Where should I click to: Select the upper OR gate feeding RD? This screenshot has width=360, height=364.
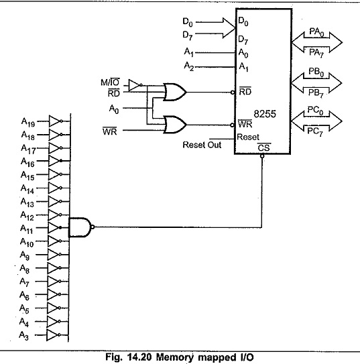(x=174, y=92)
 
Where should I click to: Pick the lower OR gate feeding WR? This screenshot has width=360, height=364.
(x=174, y=125)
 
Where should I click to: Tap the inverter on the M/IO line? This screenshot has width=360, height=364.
(x=135, y=85)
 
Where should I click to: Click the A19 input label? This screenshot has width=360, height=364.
(x=28, y=122)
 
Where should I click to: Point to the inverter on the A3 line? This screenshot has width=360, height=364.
(x=54, y=335)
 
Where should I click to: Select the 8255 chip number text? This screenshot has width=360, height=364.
(x=265, y=114)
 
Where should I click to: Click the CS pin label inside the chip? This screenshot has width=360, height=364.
(x=264, y=147)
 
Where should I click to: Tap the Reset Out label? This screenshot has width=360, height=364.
(x=202, y=145)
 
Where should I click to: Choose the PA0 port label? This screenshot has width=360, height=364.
(x=316, y=32)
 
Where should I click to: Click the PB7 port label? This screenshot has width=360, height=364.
(x=316, y=93)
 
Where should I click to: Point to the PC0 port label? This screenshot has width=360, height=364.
(x=315, y=111)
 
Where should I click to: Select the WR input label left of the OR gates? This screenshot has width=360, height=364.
(x=109, y=131)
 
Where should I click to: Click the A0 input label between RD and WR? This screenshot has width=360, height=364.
(x=114, y=109)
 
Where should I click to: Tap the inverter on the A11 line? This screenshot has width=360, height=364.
(x=55, y=228)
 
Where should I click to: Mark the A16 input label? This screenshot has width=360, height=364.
(x=27, y=162)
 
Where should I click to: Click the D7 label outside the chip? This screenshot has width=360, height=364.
(x=188, y=36)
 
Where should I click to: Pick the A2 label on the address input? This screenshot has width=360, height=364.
(x=188, y=66)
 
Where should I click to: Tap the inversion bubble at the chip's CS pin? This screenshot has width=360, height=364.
(x=262, y=156)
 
